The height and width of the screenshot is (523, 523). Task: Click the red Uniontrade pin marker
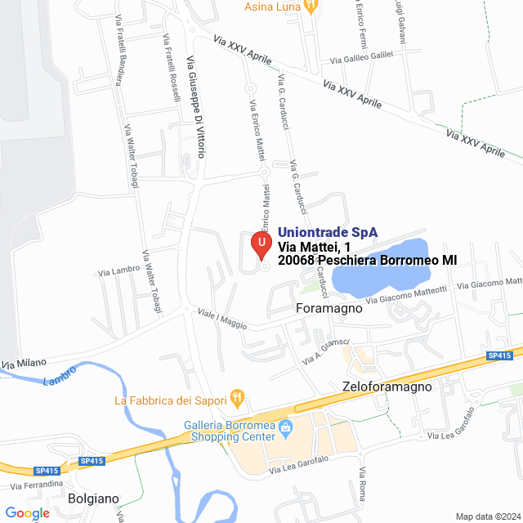click(x=261, y=244)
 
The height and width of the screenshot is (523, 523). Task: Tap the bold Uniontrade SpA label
click(x=327, y=232)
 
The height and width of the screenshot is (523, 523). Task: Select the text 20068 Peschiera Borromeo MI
click(x=367, y=261)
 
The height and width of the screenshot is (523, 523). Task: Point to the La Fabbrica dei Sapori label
click(x=171, y=400)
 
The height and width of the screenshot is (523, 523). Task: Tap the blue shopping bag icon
click(x=286, y=427)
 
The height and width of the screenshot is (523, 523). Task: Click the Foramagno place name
click(x=328, y=309)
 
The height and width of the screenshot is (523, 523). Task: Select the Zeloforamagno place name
click(x=386, y=387)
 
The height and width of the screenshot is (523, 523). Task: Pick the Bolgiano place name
click(x=93, y=498)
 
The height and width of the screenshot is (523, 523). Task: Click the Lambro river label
click(x=59, y=377)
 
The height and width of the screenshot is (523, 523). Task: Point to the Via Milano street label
click(x=24, y=362)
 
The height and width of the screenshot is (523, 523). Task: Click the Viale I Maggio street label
click(x=221, y=319)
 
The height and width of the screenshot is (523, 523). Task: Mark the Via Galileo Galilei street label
click(x=362, y=58)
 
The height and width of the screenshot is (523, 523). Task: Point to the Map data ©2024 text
click(x=486, y=516)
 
